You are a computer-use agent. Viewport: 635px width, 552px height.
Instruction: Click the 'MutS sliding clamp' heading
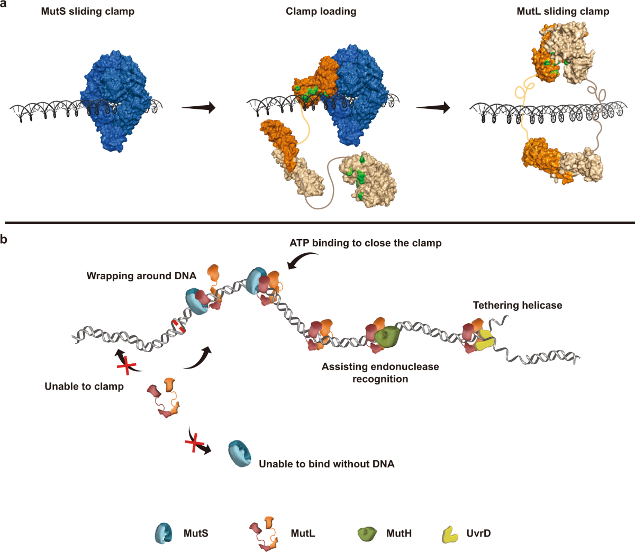pos(88,12)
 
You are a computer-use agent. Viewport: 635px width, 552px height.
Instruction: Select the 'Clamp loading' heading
pos(321,12)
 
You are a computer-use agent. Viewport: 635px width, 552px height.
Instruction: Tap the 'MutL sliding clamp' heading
pos(563,12)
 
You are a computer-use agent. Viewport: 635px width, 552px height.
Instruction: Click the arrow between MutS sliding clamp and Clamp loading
pos(198,108)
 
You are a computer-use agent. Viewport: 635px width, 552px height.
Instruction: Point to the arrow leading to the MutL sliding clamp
pos(433,108)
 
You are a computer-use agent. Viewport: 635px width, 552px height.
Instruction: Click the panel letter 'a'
pos(3,4)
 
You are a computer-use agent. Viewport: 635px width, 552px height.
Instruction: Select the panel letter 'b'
pos(3,240)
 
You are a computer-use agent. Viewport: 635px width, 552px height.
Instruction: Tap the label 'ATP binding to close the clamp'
pos(366,243)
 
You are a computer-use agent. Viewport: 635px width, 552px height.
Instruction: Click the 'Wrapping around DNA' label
pos(141,275)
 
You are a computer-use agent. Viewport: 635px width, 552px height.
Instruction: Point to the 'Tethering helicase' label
pos(518,305)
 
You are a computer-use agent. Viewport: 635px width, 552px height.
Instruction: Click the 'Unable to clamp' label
pos(84,387)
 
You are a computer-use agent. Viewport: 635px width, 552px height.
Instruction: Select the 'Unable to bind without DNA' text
pos(327,464)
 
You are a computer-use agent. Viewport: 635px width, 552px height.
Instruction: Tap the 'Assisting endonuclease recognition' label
pos(380,373)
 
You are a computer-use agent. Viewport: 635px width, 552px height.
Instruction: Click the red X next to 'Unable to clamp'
pos(127,366)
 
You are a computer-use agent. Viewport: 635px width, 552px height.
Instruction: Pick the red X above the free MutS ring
pos(195,441)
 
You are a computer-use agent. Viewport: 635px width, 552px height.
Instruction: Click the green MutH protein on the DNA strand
pos(387,336)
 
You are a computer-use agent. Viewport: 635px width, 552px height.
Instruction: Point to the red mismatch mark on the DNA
pos(179,326)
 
